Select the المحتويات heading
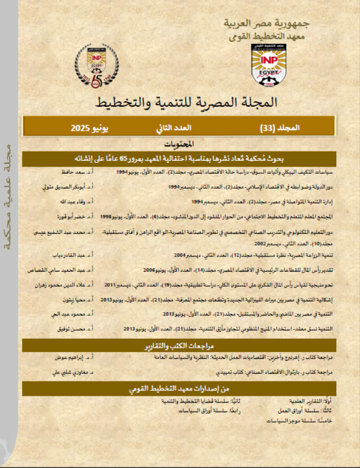coord(179,145)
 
